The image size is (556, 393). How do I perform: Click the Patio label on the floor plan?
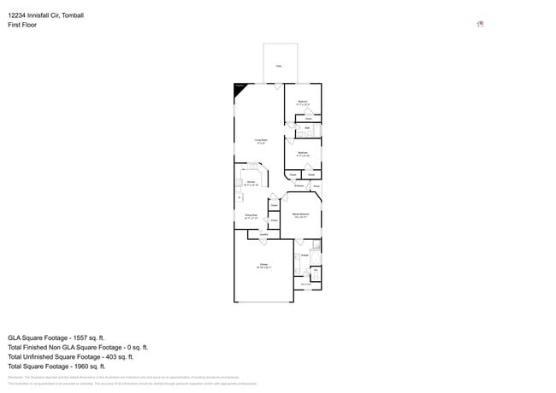(x=278, y=66)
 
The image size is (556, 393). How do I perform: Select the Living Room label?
(x=260, y=141)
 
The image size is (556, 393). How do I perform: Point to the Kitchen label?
(x=251, y=183)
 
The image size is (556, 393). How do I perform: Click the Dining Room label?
(x=251, y=217)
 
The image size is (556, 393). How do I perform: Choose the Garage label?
(x=263, y=266)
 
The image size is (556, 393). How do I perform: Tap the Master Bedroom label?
(x=300, y=216)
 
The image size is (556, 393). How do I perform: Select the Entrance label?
(x=299, y=185)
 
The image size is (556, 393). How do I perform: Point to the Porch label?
(x=316, y=185)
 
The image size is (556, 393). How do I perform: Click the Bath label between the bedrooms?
(x=306, y=129)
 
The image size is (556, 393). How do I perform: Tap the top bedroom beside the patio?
(x=303, y=103)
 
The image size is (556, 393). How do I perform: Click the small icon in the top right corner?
(x=480, y=24)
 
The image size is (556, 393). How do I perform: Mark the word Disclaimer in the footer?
(x=15, y=377)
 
